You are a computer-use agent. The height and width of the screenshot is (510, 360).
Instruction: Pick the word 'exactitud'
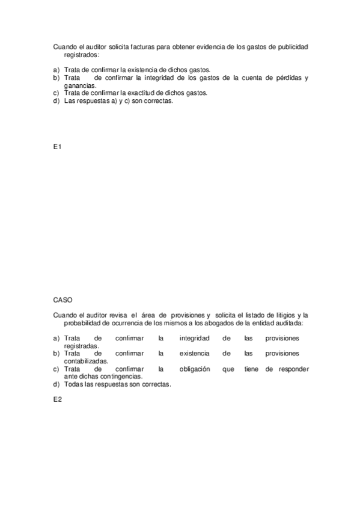(x=158, y=93)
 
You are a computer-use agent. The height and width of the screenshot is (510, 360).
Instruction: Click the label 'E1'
(x=57, y=147)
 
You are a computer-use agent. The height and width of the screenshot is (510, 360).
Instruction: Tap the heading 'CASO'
(x=63, y=299)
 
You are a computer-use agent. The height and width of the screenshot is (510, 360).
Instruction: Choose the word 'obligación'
(x=194, y=369)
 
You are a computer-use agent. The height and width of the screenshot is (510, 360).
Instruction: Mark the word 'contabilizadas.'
(x=87, y=361)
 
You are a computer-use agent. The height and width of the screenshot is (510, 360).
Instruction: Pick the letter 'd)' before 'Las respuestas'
(x=56, y=101)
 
